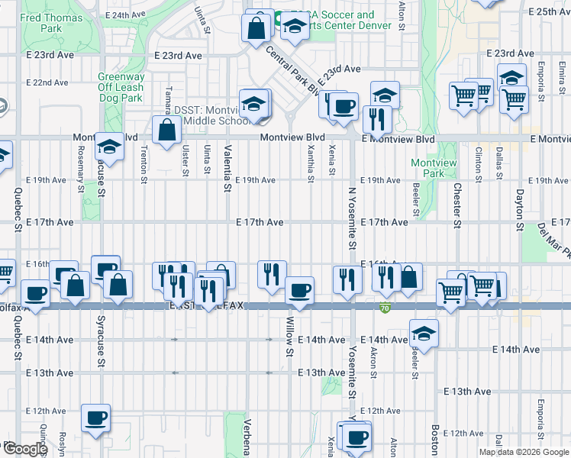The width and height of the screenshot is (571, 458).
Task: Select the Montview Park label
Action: [x=427, y=168]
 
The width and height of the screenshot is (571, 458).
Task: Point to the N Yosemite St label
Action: [x=353, y=220]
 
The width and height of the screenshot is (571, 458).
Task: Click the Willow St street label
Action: [x=290, y=337]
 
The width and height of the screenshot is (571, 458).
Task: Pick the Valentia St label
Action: [x=227, y=168]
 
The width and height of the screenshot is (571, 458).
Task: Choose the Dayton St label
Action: [x=519, y=210]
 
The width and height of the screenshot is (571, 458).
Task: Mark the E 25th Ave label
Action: [x=549, y=11]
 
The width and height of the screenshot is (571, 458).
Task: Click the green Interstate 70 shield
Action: [x=385, y=308]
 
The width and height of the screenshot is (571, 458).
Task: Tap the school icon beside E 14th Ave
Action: [x=424, y=333]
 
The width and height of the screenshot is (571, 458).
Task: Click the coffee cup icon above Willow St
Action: [x=298, y=290]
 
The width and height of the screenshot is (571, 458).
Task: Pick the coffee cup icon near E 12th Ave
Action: [x=96, y=418]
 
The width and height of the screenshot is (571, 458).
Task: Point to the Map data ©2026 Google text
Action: [x=523, y=452]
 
